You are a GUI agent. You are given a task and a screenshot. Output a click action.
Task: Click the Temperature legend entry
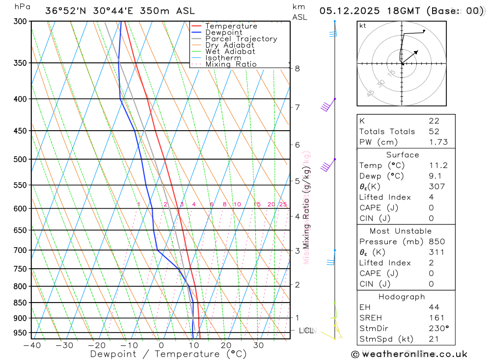coord(231,26)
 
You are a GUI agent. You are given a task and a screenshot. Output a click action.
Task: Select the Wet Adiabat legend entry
coord(230,51)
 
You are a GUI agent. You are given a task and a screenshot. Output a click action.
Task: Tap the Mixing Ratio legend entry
coord(230,64)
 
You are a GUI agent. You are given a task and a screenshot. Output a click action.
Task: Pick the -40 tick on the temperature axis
coord(31,345)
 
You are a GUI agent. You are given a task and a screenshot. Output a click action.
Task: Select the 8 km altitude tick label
coord(297,68)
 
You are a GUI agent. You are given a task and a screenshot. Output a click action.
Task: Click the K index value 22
coord(434,121)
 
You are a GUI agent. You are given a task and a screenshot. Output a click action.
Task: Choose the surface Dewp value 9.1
coord(435,176)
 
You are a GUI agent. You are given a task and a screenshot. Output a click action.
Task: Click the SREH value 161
coord(436,318)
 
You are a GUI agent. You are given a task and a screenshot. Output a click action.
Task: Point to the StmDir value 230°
coord(438,329)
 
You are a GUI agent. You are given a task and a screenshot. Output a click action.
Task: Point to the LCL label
coord(307,331)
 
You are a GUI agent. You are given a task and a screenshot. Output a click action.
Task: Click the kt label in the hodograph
coord(363,26)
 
